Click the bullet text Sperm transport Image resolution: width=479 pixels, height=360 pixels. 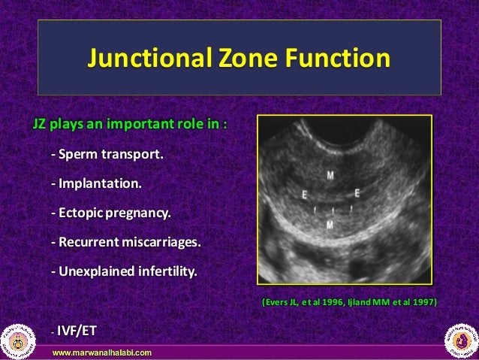(106, 155)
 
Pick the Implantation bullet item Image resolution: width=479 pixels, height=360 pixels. (95, 183)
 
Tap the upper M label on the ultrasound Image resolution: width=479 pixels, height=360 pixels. (331, 175)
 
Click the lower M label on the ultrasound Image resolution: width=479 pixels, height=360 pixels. (330, 224)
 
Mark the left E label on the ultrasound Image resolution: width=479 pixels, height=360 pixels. (304, 195)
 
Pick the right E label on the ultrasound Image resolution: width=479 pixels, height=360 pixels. (357, 193)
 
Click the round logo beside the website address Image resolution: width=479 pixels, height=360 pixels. (20, 339)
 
